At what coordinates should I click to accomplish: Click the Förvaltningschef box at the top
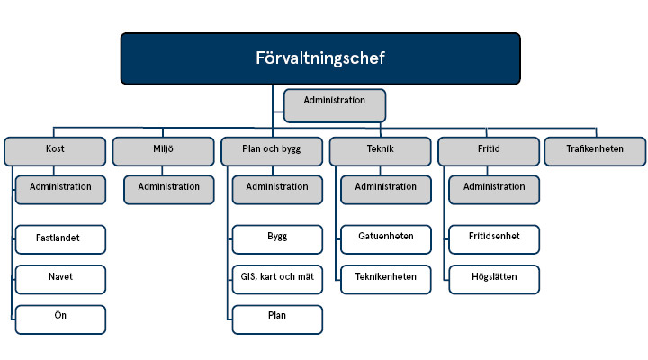[320, 58]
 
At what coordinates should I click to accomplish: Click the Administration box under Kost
[60, 189]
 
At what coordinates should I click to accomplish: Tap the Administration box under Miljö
[169, 189]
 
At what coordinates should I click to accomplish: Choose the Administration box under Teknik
[386, 189]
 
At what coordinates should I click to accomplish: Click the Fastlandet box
[60, 239]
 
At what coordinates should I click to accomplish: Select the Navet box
[60, 279]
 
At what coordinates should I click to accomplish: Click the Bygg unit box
[277, 239]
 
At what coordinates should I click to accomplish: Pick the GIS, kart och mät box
[277, 279]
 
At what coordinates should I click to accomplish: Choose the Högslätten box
[494, 279]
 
